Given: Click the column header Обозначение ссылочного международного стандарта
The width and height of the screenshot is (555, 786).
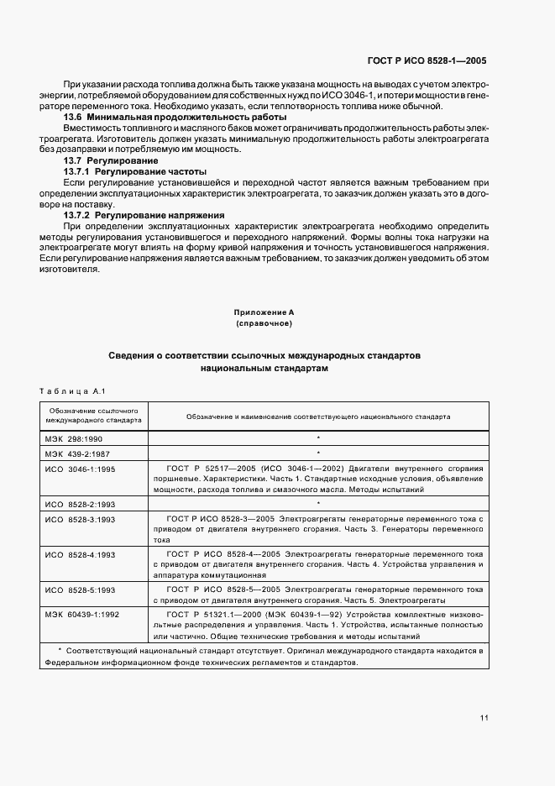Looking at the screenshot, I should pos(93,416).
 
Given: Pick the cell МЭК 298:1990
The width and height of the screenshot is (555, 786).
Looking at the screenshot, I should pos(74,438).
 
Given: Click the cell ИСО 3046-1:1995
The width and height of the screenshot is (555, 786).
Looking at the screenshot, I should pos(80,468).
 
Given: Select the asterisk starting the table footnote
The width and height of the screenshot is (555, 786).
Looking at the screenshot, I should pos(60,651).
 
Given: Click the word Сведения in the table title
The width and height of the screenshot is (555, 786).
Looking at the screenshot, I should pos(134,356).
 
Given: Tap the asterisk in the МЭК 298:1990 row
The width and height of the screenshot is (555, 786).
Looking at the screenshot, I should pos(318,438).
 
